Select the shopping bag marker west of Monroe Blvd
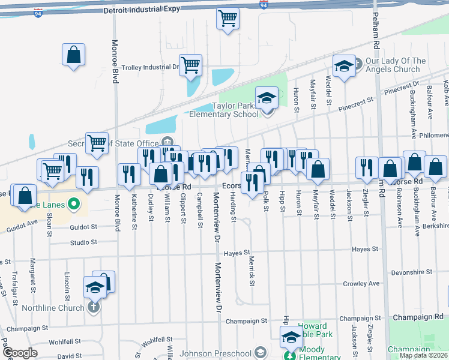pyautogui.click(x=73, y=55)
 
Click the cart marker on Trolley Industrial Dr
pyautogui.click(x=190, y=65)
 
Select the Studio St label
pyautogui.click(x=83, y=242)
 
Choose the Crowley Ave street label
pyautogui.click(x=361, y=284)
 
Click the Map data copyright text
pyautogui.click(x=423, y=355)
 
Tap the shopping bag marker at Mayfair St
pyautogui.click(x=318, y=169)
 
